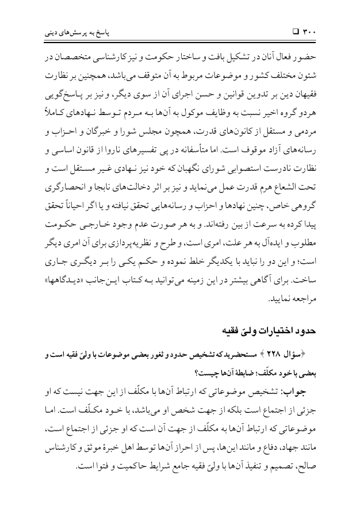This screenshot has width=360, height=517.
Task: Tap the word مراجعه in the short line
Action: pos(317,299)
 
